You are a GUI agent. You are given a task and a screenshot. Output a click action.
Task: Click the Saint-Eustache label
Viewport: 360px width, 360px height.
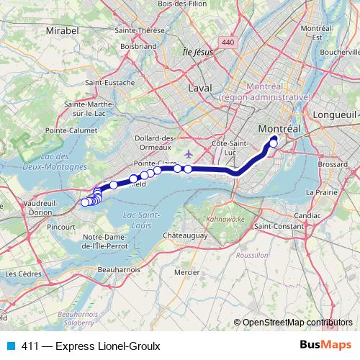pos(110,83)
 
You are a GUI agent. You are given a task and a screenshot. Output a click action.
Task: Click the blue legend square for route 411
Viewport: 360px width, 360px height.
pos(9,346)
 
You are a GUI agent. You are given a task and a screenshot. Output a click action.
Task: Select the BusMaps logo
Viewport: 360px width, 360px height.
pos(329,346)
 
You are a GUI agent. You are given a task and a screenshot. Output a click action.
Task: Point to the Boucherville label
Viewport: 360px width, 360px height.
pos(337,53)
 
